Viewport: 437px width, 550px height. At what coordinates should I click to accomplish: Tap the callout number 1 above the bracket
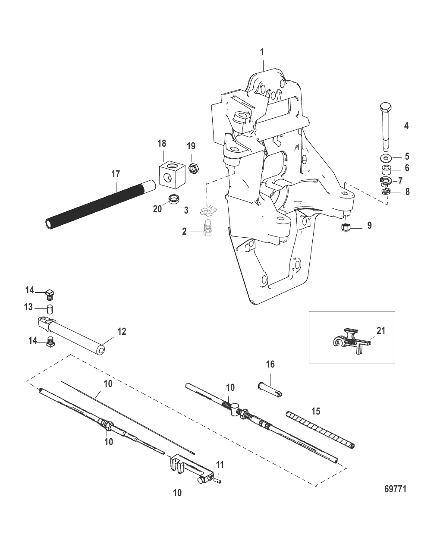(x=261, y=52)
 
